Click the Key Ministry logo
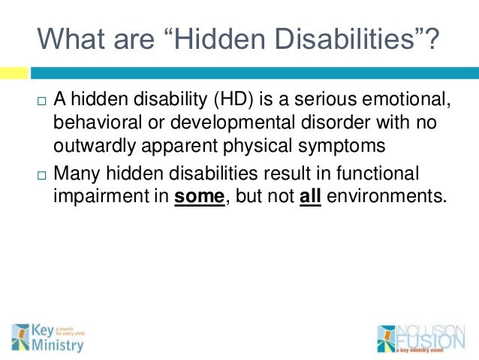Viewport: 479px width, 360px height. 47,337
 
